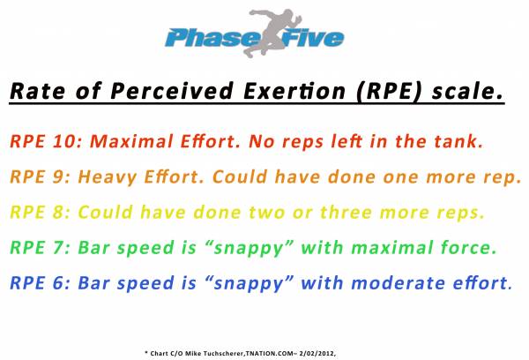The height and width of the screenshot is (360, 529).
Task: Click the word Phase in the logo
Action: (210, 37)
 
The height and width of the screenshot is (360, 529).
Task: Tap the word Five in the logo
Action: (313, 37)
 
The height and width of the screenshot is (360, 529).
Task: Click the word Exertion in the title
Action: (294, 91)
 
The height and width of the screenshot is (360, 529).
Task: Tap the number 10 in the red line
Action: (65, 141)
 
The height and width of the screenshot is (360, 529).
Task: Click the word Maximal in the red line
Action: (131, 141)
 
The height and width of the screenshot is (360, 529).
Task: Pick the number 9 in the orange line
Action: (57, 176)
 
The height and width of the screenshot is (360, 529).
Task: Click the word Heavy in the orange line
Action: (108, 177)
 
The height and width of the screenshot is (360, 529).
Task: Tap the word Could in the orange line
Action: (240, 176)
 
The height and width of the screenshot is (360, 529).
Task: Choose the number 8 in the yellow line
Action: (57, 213)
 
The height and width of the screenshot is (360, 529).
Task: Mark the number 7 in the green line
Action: (58, 248)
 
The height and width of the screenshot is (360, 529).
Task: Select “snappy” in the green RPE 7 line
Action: (249, 249)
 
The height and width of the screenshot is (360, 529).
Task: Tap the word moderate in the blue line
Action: (399, 282)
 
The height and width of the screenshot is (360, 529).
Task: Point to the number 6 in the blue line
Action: (57, 283)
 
